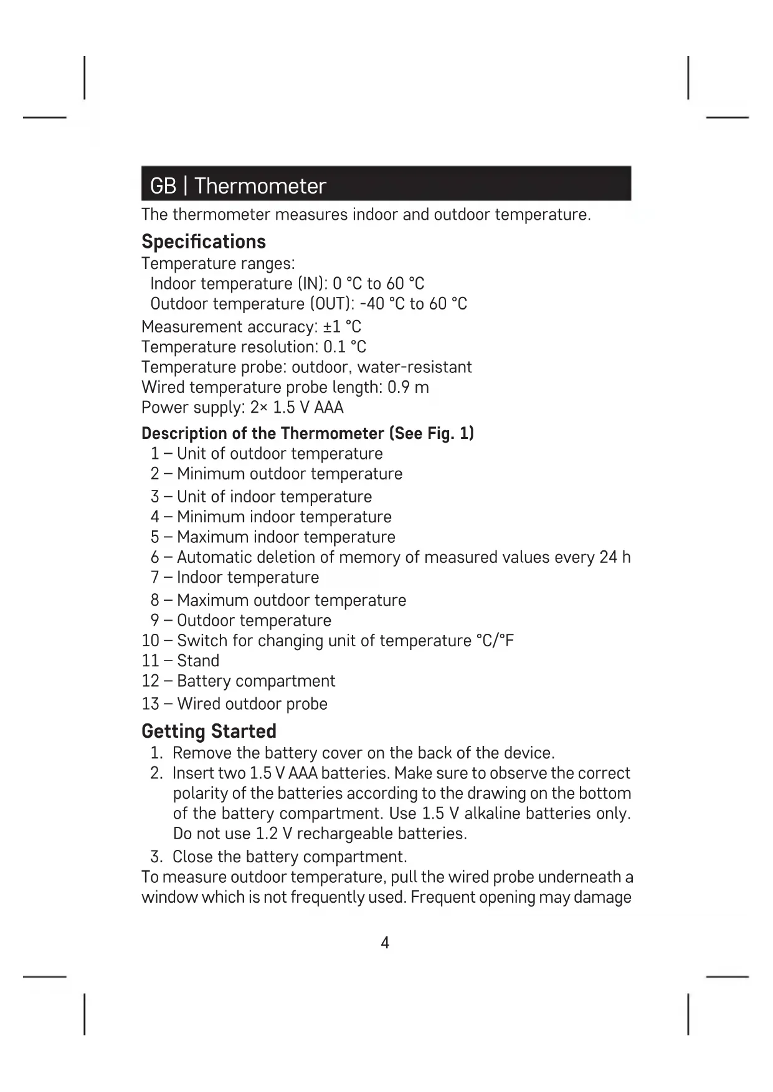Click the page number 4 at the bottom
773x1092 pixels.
[385, 943]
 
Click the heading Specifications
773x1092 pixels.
[204, 242]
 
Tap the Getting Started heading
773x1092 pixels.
[209, 731]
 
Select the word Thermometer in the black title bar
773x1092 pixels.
[260, 186]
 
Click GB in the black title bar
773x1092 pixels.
[163, 186]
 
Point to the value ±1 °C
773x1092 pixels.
[342, 327]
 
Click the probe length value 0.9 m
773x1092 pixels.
[408, 387]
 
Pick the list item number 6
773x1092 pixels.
[155, 557]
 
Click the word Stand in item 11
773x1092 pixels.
[198, 661]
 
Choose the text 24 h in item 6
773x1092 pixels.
[615, 557]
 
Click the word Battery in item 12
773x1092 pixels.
[204, 681]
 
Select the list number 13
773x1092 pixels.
[151, 704]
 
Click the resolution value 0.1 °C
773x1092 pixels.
[344, 347]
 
